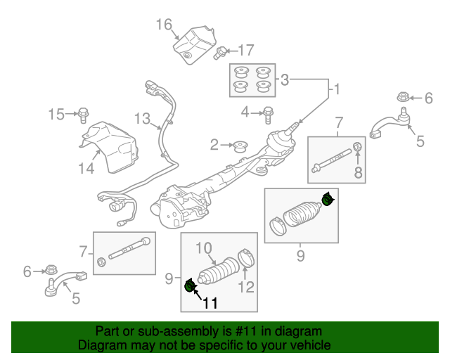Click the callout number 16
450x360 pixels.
pyautogui.click(x=164, y=25)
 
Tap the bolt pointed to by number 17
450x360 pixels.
pyautogui.click(x=219, y=53)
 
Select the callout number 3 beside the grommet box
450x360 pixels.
pyautogui.click(x=284, y=80)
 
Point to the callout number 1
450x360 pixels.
pyautogui.click(x=337, y=89)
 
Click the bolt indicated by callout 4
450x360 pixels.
pyautogui.click(x=268, y=115)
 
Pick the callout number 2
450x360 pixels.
pyautogui.click(x=214, y=145)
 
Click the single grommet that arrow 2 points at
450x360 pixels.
pyautogui.click(x=240, y=147)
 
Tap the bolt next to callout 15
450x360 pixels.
pyautogui.click(x=83, y=115)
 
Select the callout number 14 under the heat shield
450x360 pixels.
pyautogui.click(x=86, y=169)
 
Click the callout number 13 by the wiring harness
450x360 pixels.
pyautogui.click(x=142, y=119)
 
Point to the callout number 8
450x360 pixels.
pyautogui.click(x=358, y=172)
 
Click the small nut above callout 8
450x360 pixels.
pyautogui.click(x=357, y=146)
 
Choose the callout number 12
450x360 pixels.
pyautogui.click(x=247, y=287)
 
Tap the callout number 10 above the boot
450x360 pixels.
pyautogui.click(x=204, y=248)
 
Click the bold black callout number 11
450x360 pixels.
pyautogui.click(x=210, y=303)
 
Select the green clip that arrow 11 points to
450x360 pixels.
pyautogui.click(x=190, y=286)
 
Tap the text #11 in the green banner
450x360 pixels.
pyautogui.click(x=245, y=332)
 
